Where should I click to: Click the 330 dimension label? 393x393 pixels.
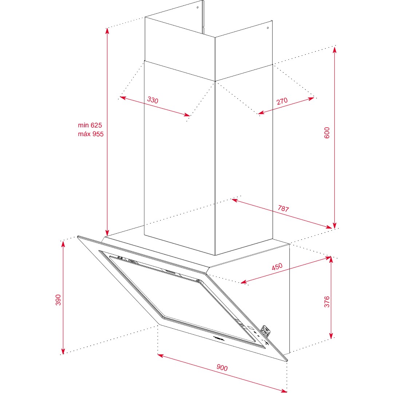(x=152, y=100)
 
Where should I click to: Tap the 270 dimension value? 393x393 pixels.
(x=282, y=101)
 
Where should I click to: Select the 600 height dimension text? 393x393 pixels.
(x=327, y=133)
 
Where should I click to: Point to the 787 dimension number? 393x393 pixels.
(x=283, y=209)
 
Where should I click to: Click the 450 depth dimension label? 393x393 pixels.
(x=277, y=266)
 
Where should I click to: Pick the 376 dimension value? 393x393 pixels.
(x=327, y=302)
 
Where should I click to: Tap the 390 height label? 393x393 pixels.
(x=58, y=300)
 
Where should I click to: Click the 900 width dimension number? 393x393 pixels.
(x=222, y=368)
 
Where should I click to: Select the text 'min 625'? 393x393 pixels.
(x=90, y=125)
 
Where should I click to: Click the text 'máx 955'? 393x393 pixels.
(x=91, y=134)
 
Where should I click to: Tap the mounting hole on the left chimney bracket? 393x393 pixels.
(x=198, y=7)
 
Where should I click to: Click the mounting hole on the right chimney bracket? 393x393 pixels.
(x=268, y=28)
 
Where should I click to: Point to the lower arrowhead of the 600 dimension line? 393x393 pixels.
(x=335, y=225)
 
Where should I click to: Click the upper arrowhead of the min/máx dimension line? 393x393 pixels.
(x=107, y=31)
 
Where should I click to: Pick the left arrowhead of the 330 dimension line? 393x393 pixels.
(x=123, y=98)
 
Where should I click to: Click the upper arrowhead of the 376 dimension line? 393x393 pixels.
(x=331, y=260)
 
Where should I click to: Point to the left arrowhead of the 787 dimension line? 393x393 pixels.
(x=235, y=200)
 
